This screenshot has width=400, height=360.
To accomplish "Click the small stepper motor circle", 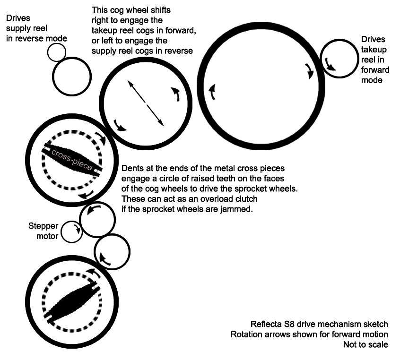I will tap(72, 232).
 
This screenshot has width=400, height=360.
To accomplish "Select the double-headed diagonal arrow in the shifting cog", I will tap(146, 103).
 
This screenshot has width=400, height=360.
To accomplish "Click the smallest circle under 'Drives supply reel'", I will tap(57, 52).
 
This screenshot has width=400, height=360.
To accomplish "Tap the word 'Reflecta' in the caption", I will tap(267, 324).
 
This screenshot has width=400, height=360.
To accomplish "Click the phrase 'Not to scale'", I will tap(366, 344).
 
